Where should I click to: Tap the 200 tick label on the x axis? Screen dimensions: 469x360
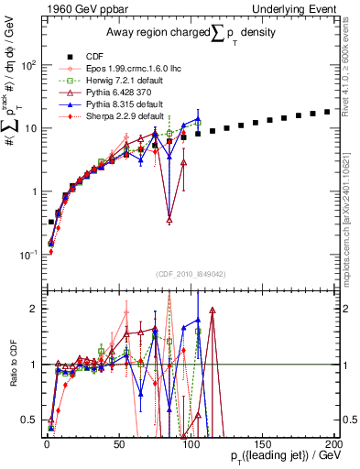(334, 442)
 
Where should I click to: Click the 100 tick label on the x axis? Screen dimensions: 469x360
(191, 442)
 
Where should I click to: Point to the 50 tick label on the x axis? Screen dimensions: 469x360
(118, 442)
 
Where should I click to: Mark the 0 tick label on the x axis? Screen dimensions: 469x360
(47, 442)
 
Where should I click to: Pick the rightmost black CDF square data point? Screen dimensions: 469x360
(327, 112)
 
